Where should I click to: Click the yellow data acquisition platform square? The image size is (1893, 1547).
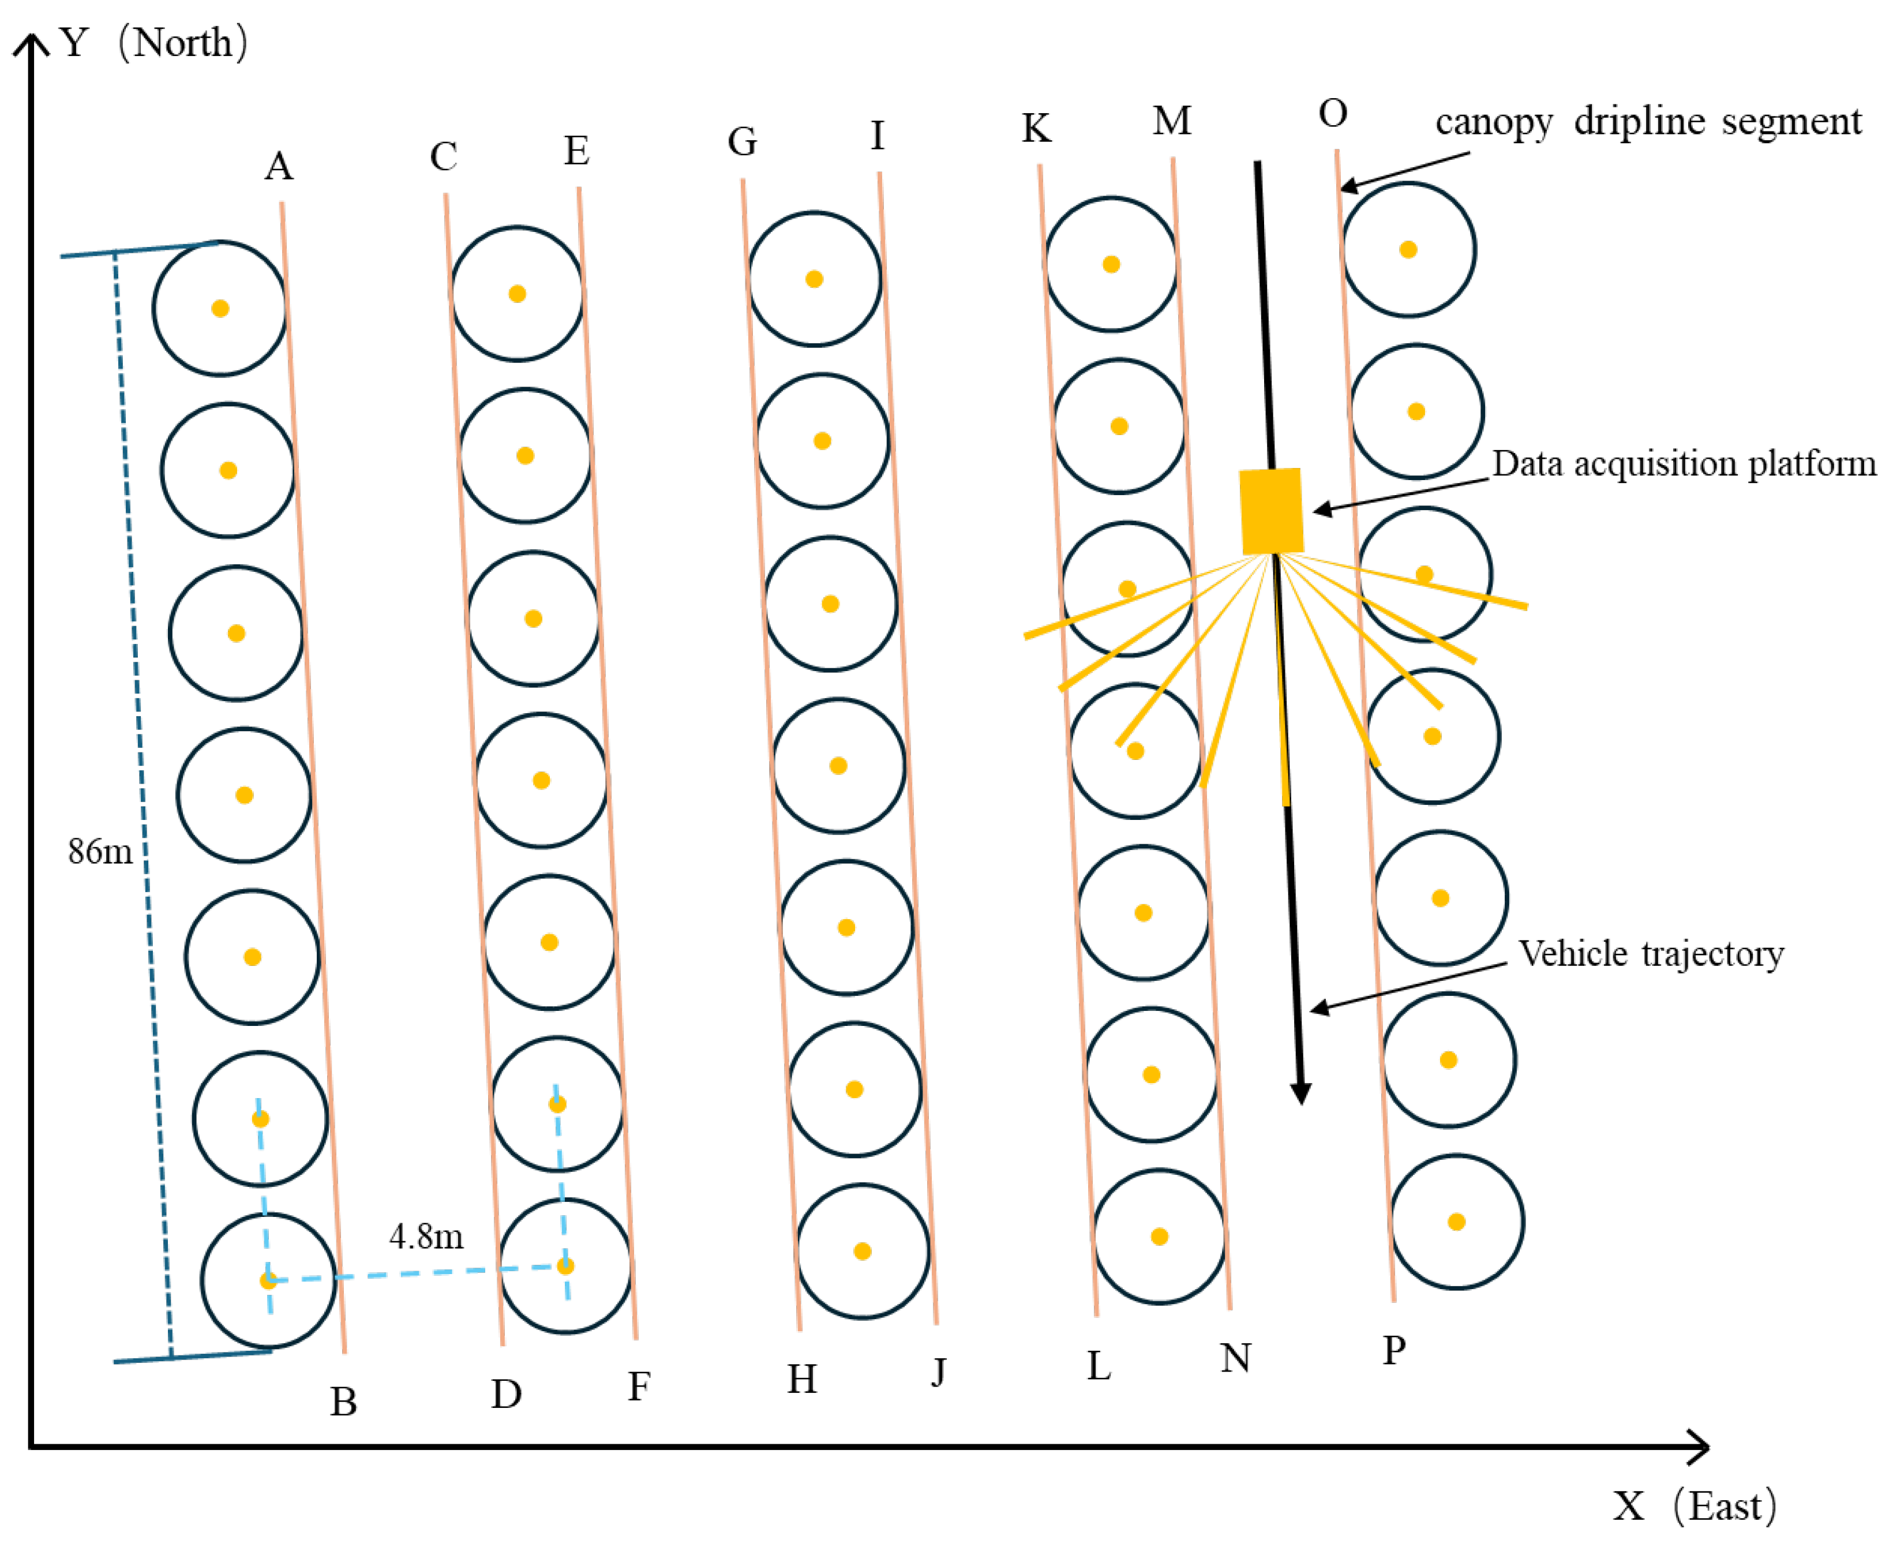coord(1271,511)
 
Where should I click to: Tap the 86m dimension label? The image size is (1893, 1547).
coord(100,852)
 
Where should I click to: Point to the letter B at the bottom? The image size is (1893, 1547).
coord(344,1402)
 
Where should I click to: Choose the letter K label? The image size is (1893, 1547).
coord(1036,128)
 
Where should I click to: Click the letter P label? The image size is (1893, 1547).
coord(1394,1351)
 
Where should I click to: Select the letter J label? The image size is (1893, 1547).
coord(939,1372)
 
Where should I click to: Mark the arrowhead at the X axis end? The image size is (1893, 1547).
coord(1700,1446)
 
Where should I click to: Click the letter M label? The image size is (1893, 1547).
coord(1171,120)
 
